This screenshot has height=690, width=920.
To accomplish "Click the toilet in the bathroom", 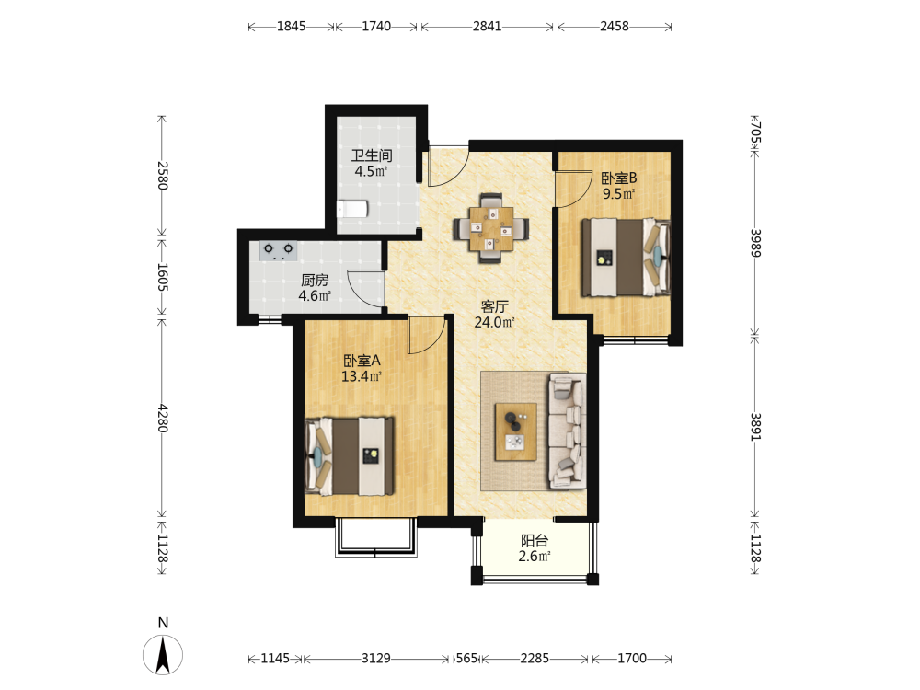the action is tap(352, 209).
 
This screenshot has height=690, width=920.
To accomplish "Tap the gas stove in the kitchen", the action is tap(278, 250).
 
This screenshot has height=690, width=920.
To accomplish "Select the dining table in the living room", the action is tap(491, 229).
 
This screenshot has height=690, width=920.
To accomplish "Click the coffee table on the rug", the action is tap(516, 431).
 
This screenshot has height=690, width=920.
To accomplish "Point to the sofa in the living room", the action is tap(567, 431).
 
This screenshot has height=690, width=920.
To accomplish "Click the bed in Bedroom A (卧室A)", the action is tap(349, 456).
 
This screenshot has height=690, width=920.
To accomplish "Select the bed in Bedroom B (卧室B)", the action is tap(626, 257).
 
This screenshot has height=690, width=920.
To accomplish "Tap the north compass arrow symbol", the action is tap(163, 654).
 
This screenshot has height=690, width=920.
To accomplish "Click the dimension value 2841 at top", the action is tap(487, 27).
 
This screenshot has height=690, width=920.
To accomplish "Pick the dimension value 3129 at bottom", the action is tap(375, 659).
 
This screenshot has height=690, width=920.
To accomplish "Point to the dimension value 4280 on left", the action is tap(163, 418).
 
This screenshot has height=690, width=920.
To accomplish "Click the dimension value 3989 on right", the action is tap(755, 242).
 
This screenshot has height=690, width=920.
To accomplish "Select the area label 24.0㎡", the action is tap(495, 322).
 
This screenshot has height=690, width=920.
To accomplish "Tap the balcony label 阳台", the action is tap(535, 540).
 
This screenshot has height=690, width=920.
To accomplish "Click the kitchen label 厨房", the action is tap(315, 281).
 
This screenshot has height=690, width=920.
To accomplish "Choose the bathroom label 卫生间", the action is tap(372, 155).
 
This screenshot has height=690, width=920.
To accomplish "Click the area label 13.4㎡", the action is tap(362, 376).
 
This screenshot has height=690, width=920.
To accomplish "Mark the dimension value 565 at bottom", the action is tap(467, 659).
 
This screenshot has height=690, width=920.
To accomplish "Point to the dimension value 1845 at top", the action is tap(291, 27).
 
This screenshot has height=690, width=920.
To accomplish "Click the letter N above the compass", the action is tap(163, 623).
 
